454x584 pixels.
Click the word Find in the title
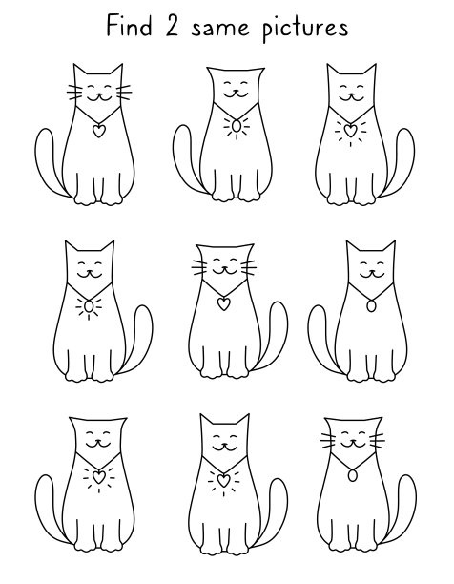click(129, 26)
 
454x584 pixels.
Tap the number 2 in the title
click(172, 27)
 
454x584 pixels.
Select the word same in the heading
click(220, 29)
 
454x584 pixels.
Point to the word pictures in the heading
click(305, 29)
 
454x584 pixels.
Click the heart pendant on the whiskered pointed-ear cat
click(98, 131)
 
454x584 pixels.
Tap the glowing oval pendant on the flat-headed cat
click(237, 126)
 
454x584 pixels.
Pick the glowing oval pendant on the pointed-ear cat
click(89, 306)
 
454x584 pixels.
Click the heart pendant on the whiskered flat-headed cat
click(223, 303)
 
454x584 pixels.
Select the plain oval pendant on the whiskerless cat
click(371, 305)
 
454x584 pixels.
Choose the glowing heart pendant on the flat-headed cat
click(98, 477)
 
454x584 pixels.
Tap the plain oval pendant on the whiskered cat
click(352, 475)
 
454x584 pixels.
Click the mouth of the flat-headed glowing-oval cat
click(236, 94)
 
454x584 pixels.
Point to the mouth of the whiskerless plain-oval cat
click(371, 275)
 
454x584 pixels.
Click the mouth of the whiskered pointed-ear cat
click(98, 97)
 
